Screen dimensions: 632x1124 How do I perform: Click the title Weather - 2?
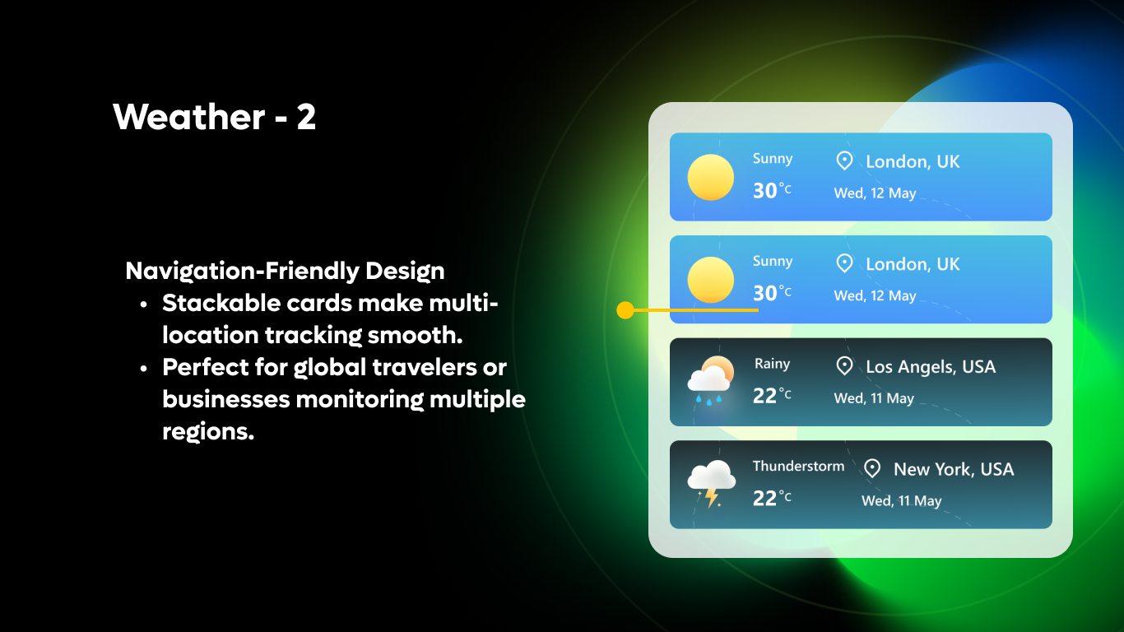[x=214, y=117]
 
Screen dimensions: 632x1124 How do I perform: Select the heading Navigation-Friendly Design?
[x=285, y=271]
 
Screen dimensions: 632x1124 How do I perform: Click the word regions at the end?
[x=207, y=431]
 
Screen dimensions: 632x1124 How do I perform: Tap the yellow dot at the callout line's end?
[x=625, y=310]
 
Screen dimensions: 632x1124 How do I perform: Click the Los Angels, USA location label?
[x=931, y=366]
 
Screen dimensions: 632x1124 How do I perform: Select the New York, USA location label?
[x=954, y=469]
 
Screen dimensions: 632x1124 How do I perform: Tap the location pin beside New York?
[x=872, y=468]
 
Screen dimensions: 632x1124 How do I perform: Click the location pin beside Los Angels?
[x=844, y=365]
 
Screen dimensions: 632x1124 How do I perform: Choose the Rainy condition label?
[x=772, y=364]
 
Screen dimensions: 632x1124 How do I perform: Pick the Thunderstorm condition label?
[x=798, y=466]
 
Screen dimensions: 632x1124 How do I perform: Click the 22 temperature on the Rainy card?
[x=765, y=396]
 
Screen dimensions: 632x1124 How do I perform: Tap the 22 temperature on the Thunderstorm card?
[x=765, y=498]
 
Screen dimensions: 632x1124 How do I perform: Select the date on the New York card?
[x=901, y=500]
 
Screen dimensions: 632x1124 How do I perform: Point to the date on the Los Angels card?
[x=874, y=398]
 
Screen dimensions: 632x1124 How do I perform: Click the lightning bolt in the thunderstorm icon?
[x=710, y=497]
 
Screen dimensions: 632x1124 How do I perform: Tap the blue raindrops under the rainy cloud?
[x=708, y=399]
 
